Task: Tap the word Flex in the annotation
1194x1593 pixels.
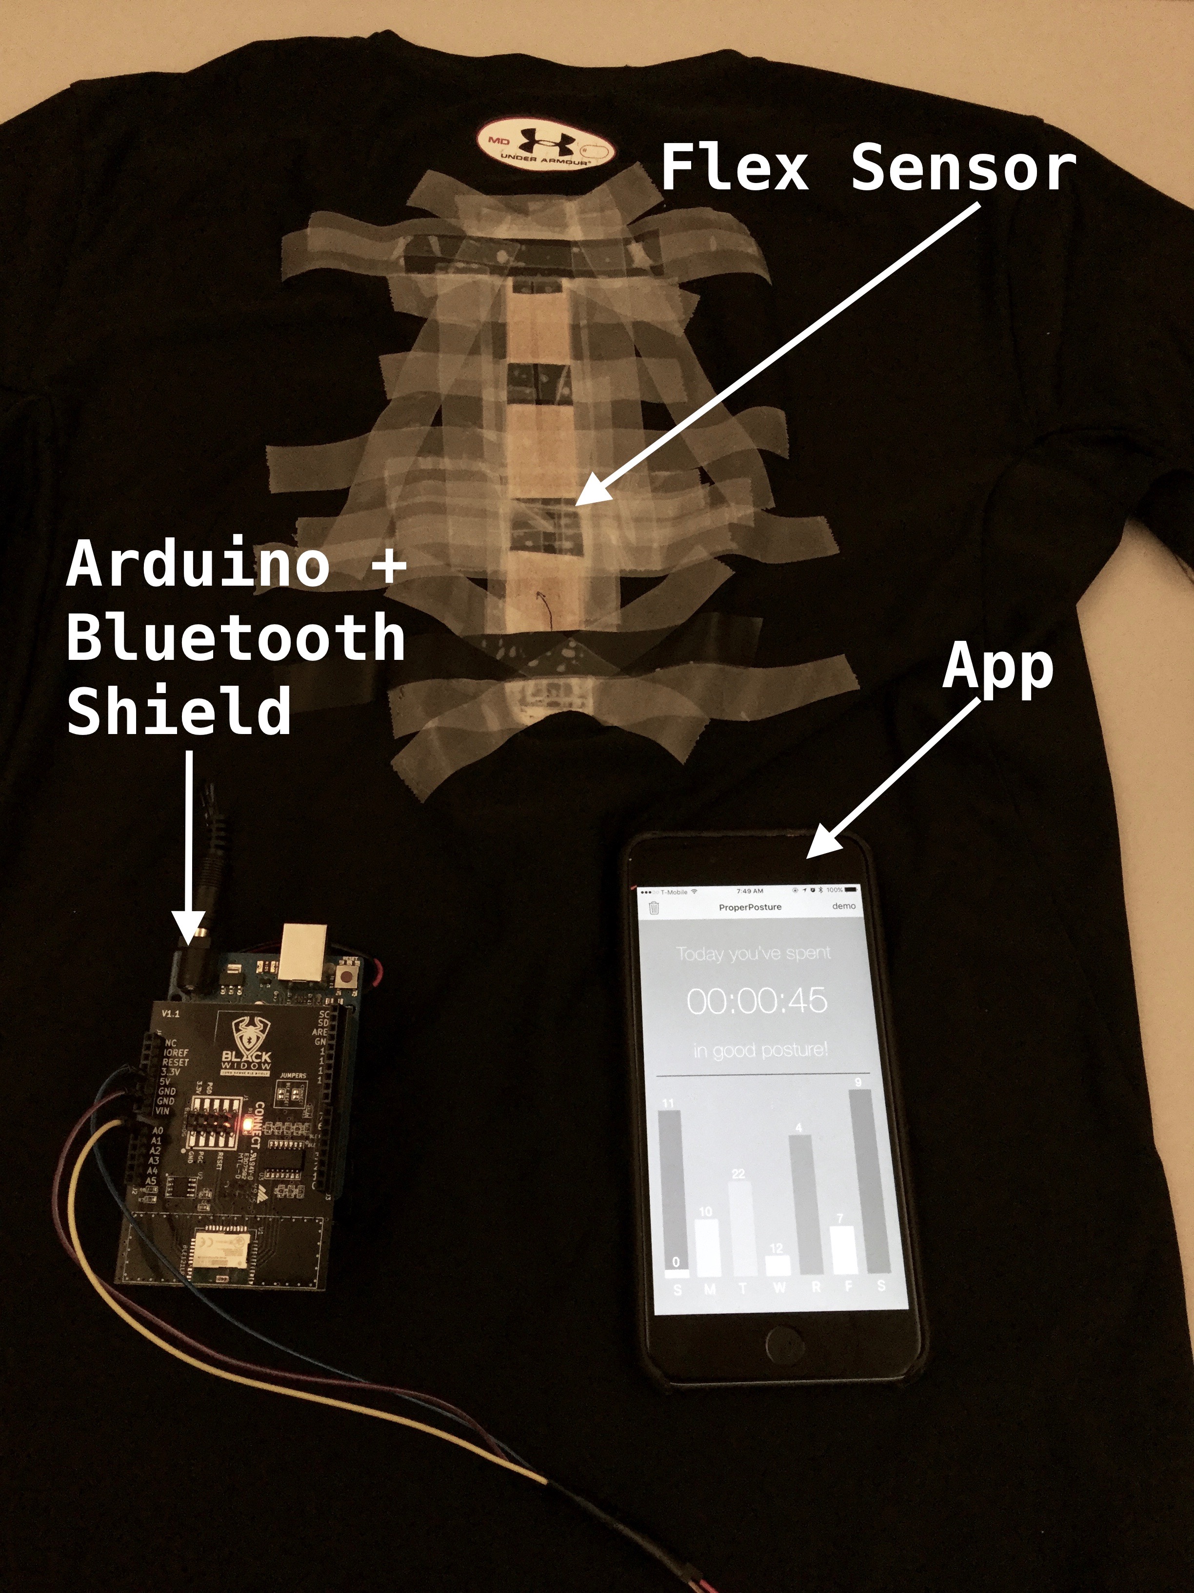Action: [x=734, y=168]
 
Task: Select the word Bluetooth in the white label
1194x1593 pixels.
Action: [x=236, y=637]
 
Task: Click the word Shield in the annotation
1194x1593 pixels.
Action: [x=179, y=710]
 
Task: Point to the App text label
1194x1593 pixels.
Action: [x=997, y=668]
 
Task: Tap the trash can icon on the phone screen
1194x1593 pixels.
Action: [x=654, y=907]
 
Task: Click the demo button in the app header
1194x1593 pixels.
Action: [x=843, y=906]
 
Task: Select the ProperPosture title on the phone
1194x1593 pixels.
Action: [x=750, y=907]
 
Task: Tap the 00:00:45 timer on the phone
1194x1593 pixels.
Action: [x=757, y=1001]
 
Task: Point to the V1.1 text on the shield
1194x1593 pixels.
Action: [x=171, y=1013]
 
